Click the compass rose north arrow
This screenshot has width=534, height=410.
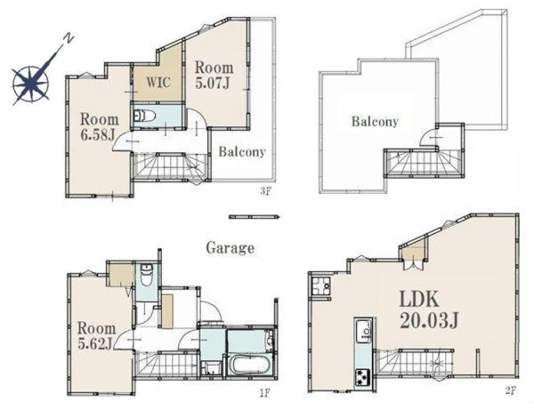coord(30,83)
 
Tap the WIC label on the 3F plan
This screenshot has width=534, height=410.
coord(158,82)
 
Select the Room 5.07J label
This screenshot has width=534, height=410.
coord(214,76)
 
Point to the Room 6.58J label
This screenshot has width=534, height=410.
coord(100,127)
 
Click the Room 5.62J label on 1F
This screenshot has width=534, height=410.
coord(97,336)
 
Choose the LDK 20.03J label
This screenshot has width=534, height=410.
coord(429,310)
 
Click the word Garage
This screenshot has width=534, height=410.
coord(231,248)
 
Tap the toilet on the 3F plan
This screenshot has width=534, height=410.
coord(144,116)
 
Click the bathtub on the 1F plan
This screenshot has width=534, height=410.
coord(251,366)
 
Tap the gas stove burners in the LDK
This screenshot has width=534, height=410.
coord(363,377)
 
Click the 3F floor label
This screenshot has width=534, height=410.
coord(265,191)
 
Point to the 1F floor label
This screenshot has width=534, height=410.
coord(265,393)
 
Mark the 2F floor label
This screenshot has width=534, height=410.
coord(511,390)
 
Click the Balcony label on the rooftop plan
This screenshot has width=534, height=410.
coord(375,122)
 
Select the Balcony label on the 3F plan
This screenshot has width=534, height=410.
coord(242,151)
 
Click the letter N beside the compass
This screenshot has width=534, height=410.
coord(69,38)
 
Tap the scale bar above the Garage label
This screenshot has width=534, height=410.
coord(254,216)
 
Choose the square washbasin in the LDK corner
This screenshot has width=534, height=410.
coord(321,286)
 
